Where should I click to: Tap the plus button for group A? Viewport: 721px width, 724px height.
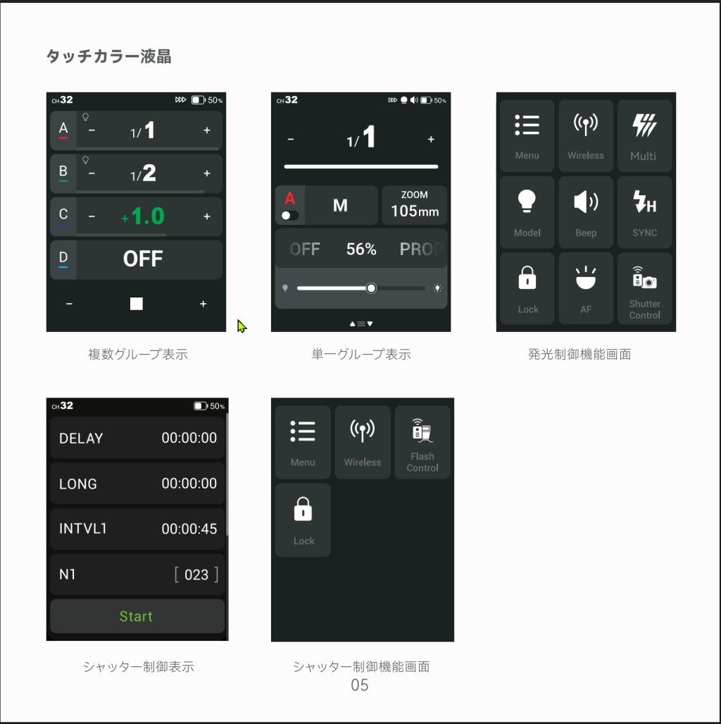[207, 130]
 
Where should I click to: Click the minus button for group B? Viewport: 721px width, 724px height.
[92, 173]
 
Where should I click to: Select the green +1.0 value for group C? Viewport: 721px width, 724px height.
[142, 216]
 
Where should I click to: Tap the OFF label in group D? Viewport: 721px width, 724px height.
[142, 259]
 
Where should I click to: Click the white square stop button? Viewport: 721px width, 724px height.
[136, 303]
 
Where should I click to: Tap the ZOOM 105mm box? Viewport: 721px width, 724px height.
[414, 205]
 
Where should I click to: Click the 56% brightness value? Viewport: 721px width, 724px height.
[361, 250]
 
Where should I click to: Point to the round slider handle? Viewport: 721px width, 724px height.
[371, 288]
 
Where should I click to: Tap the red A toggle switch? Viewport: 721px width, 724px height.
[289, 216]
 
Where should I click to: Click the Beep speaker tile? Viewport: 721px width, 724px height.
[586, 212]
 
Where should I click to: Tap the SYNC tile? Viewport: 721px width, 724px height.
[644, 212]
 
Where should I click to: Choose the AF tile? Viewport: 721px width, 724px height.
[586, 288]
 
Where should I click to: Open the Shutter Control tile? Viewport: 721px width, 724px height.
[644, 288]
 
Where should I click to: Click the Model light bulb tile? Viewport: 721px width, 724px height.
[527, 212]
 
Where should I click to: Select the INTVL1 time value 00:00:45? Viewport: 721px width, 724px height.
[189, 529]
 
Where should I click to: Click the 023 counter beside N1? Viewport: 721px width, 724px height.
[196, 575]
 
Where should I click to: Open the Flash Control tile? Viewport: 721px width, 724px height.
[422, 442]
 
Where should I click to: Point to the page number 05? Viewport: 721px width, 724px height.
[360, 685]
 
